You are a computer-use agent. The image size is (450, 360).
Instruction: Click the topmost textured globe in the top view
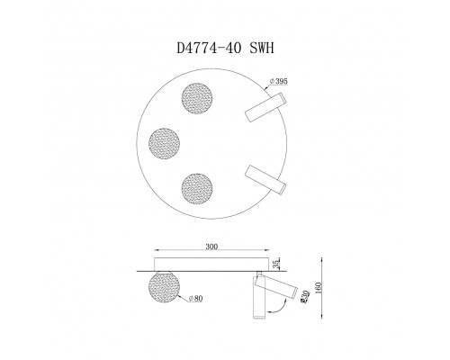pyautogui.click(x=197, y=98)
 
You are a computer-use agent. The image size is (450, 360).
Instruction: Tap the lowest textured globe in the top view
pyautogui.click(x=197, y=187)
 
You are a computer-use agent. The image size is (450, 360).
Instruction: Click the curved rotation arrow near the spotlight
pyautogui.click(x=283, y=310)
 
